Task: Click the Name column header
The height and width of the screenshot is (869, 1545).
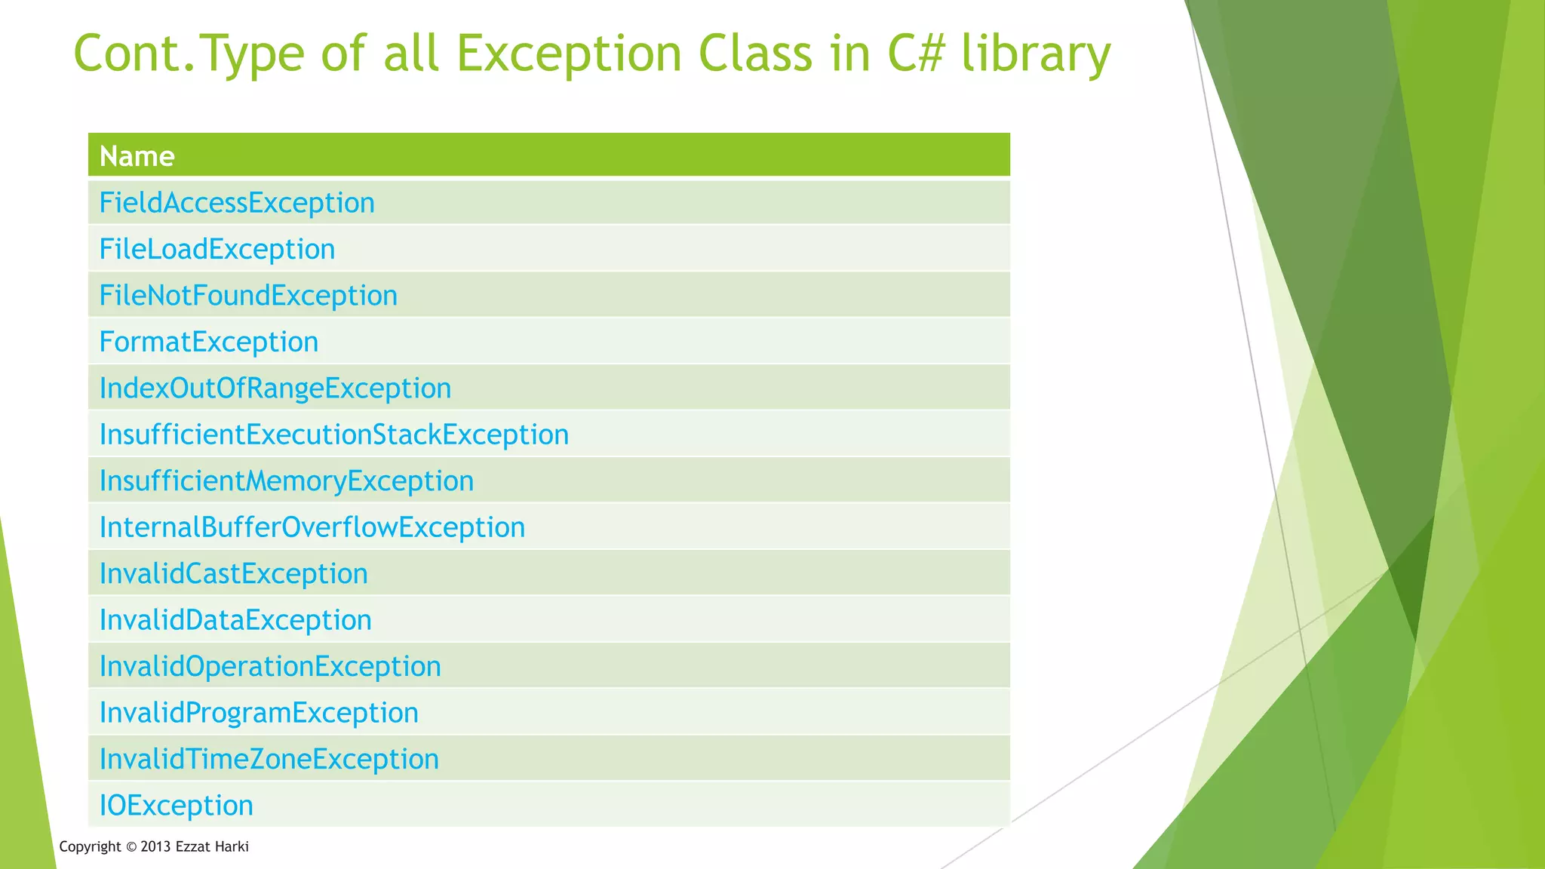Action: click(137, 156)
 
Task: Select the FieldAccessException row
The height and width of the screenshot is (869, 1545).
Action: click(237, 203)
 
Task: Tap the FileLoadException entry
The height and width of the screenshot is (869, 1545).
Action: click(217, 250)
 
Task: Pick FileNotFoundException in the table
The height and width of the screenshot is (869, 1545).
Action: click(248, 296)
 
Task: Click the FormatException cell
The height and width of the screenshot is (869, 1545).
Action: click(209, 342)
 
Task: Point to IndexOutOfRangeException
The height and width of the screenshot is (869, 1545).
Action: click(275, 388)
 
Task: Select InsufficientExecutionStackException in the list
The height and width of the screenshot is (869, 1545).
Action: click(334, 435)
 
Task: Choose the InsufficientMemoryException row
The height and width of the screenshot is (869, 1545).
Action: click(287, 481)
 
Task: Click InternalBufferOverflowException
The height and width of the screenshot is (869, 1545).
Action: click(312, 527)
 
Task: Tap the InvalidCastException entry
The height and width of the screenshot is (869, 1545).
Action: click(234, 574)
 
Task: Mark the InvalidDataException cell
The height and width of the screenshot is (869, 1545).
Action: click(235, 620)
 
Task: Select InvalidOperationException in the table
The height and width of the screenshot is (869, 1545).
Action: click(270, 667)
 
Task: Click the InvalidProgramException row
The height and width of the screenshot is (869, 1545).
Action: click(259, 713)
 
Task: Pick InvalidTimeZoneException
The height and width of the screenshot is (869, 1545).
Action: click(269, 760)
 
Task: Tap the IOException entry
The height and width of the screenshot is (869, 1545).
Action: click(177, 806)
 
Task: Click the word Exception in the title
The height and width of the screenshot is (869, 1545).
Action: click(570, 54)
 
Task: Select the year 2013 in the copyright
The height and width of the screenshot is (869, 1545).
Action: click(156, 846)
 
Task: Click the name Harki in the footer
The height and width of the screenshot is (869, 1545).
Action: click(232, 846)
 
